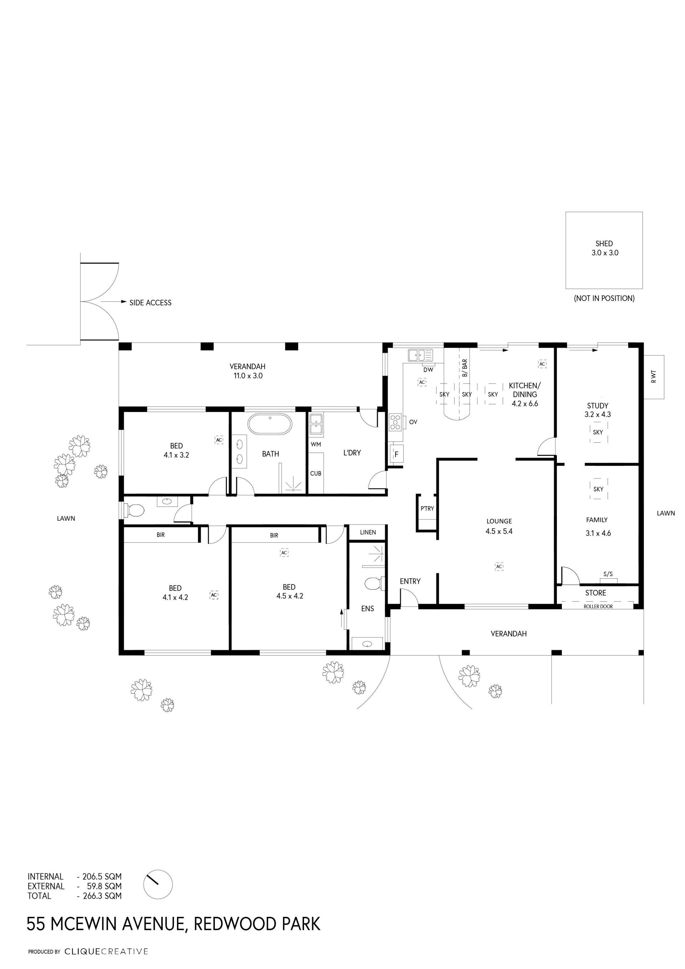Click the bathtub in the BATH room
269,424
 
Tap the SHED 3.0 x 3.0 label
604,248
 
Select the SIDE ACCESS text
151,303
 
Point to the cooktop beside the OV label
395,422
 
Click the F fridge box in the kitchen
396,455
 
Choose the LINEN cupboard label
368,533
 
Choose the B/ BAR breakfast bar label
465,368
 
